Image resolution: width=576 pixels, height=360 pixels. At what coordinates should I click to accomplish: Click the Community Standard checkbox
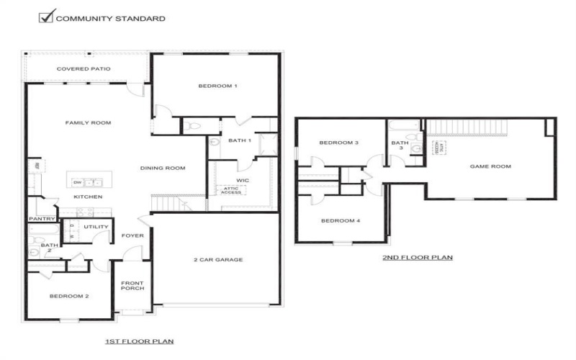(x=47, y=17)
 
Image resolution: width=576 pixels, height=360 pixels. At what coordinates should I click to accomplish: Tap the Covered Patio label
(x=84, y=69)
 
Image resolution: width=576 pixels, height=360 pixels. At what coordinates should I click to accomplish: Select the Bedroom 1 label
(x=217, y=86)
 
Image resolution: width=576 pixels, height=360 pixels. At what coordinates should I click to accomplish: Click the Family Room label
(x=88, y=123)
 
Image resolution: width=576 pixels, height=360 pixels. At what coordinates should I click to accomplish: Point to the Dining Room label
(x=163, y=168)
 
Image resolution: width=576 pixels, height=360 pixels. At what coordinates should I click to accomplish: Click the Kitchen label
(x=88, y=197)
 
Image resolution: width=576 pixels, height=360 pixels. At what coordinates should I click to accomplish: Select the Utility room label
(x=96, y=228)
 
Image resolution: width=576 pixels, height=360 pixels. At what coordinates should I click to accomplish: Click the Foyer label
(x=132, y=235)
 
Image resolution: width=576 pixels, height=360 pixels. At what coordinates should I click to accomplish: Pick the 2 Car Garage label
(x=217, y=260)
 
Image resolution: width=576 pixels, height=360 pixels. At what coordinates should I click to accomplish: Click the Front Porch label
(x=132, y=286)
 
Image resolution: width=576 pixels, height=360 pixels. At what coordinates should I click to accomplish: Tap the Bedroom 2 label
(x=69, y=296)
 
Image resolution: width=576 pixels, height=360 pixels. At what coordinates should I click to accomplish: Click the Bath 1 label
(x=240, y=140)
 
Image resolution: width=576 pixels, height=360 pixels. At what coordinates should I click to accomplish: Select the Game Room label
(x=490, y=166)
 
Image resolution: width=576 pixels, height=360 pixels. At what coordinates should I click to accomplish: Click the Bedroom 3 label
(x=339, y=143)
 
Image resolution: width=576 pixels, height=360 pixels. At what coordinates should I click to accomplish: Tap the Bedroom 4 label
(x=340, y=221)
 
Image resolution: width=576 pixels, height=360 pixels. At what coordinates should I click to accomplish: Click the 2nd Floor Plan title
(x=418, y=257)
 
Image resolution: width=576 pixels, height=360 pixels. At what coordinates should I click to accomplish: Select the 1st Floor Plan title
(x=140, y=341)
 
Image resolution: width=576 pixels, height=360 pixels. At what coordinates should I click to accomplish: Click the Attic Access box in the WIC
(x=231, y=191)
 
